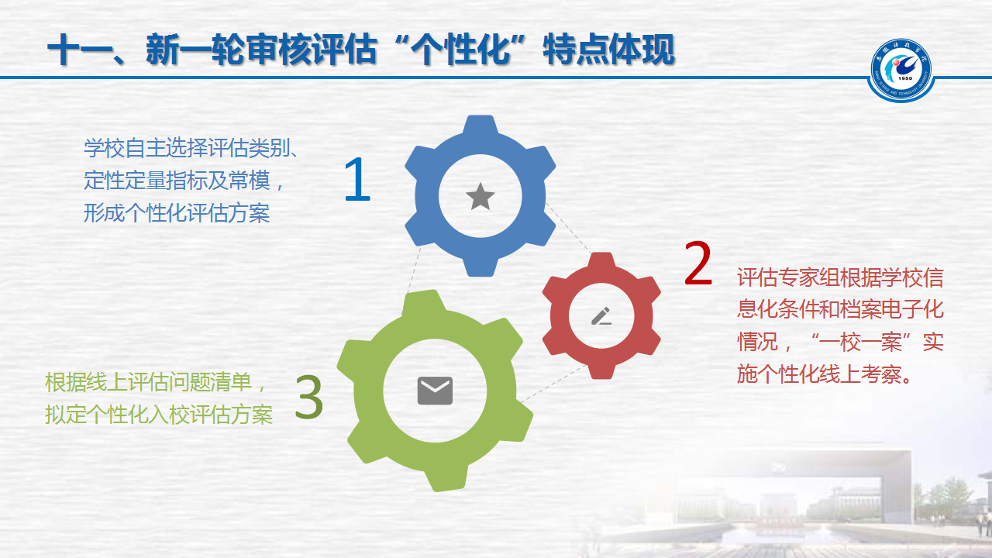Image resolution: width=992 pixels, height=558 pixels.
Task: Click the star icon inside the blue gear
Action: click(480, 196)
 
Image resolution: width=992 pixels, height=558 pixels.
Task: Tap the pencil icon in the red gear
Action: click(601, 315)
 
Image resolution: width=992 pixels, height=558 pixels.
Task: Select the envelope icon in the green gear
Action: click(435, 391)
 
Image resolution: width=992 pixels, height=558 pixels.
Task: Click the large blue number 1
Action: click(358, 179)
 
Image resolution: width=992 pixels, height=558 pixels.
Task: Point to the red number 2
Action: click(698, 263)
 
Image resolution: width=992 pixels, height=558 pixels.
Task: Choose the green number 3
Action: click(309, 397)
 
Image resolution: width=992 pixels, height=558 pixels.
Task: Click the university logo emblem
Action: click(901, 71)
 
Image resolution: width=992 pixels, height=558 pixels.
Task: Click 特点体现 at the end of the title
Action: click(609, 50)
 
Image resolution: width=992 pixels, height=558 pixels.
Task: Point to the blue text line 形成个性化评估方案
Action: click(177, 213)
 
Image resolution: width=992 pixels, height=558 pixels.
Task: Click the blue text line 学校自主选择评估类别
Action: click(187, 148)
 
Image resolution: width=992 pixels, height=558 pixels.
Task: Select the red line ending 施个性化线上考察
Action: click(824, 374)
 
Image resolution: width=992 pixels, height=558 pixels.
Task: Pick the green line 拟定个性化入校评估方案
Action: click(159, 415)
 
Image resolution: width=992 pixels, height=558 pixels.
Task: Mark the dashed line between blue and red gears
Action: click(569, 229)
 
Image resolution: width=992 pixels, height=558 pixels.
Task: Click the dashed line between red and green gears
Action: click(554, 384)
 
